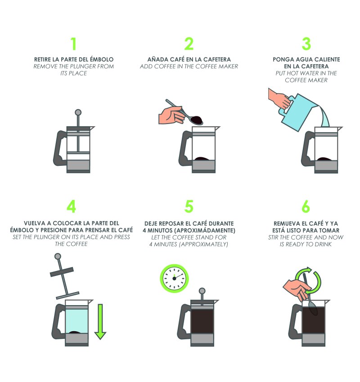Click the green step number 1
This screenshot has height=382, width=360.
click(x=74, y=44)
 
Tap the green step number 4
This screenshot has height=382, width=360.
click(x=71, y=207)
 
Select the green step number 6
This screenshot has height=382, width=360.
click(x=306, y=207)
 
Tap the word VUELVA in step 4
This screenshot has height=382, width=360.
click(x=34, y=223)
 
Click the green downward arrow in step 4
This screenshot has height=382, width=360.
click(x=100, y=322)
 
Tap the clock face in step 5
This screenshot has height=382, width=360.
click(x=175, y=278)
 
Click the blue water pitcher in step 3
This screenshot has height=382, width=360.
click(x=298, y=111)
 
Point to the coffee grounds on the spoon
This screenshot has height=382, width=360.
click(x=197, y=120)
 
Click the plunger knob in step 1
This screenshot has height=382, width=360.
click(x=78, y=112)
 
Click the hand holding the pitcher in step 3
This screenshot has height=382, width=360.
click(x=279, y=99)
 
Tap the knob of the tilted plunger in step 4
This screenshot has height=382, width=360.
click(x=58, y=256)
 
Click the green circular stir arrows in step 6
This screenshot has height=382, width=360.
click(x=309, y=280)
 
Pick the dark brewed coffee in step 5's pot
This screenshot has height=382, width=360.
click(x=202, y=321)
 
